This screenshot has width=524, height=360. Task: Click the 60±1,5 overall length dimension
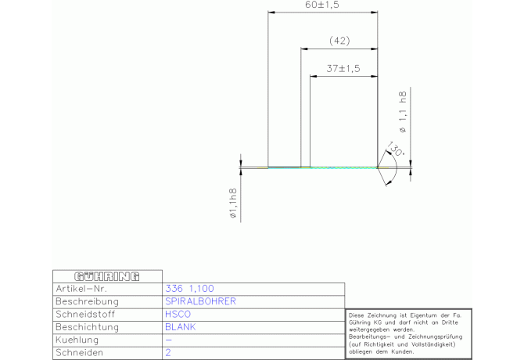click(x=322, y=5)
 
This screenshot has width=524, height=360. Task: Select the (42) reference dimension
click(x=339, y=41)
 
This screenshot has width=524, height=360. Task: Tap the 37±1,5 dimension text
click(x=343, y=69)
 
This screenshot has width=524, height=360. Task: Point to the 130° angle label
click(x=395, y=149)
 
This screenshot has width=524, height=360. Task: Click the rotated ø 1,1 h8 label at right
click(x=403, y=112)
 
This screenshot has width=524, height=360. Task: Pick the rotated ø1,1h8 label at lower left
click(x=233, y=203)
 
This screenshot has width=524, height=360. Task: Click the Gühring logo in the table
click(x=107, y=276)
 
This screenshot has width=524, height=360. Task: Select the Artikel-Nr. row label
click(x=81, y=289)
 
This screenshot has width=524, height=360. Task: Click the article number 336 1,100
click(x=189, y=289)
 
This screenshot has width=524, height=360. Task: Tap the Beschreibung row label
click(x=88, y=301)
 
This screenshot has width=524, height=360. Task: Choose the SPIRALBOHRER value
click(x=200, y=301)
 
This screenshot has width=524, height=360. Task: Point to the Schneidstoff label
click(x=85, y=314)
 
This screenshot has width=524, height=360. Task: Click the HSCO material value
click(x=178, y=314)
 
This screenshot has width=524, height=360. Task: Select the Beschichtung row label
click(x=88, y=327)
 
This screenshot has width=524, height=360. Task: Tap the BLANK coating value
click(x=181, y=327)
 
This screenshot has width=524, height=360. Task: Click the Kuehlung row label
click(x=77, y=340)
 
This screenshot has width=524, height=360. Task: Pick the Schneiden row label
click(x=79, y=353)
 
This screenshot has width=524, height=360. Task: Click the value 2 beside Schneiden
click(x=168, y=353)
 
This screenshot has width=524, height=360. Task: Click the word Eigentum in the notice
click(x=422, y=315)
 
